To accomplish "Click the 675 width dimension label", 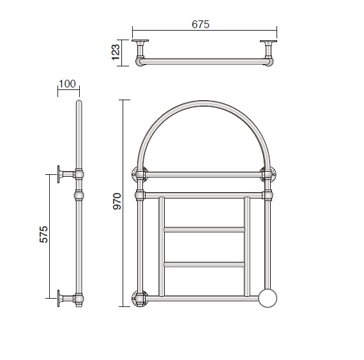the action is (201, 24).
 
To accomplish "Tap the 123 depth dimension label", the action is (116, 52).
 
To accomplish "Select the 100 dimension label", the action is (67, 84).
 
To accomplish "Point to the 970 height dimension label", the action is (117, 201).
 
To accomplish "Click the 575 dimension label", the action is (43, 234).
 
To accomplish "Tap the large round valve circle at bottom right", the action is (268, 298).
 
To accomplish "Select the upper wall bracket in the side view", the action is (66, 174).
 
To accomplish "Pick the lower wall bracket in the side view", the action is (66, 298).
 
